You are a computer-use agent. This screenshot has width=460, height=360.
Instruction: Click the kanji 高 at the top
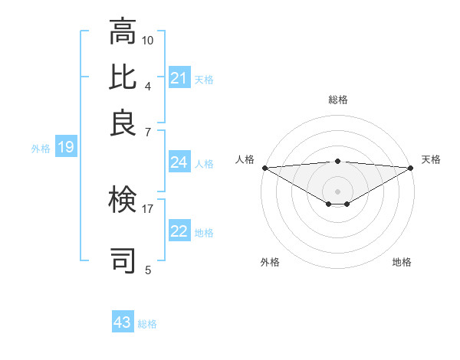click(x=123, y=32)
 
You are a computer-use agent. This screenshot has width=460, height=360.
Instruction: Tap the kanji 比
click(x=123, y=77)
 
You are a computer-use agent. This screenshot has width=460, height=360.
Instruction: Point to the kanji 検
click(x=123, y=201)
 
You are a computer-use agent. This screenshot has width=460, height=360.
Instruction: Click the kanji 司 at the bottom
click(x=123, y=260)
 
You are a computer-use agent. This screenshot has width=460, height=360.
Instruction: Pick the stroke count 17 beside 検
click(x=148, y=208)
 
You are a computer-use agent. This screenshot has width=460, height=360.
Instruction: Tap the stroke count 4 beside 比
click(x=148, y=85)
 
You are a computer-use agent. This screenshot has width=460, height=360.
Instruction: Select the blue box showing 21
click(x=179, y=78)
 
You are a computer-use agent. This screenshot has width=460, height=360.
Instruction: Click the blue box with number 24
click(x=179, y=162)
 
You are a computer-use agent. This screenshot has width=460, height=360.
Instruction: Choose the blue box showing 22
click(x=179, y=232)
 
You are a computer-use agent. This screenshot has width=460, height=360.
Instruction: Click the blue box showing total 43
click(x=123, y=322)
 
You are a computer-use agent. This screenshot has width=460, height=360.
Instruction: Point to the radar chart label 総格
click(x=337, y=100)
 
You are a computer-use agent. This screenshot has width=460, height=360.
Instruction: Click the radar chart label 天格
click(x=431, y=159)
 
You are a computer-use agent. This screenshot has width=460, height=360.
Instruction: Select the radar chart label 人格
click(x=245, y=159)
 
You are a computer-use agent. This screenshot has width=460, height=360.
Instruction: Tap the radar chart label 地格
click(x=402, y=262)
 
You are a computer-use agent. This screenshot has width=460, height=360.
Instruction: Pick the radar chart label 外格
click(x=270, y=262)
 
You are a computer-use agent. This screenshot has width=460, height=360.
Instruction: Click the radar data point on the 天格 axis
click(x=411, y=167)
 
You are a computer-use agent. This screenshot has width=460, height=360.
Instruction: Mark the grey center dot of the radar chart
click(x=337, y=191)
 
